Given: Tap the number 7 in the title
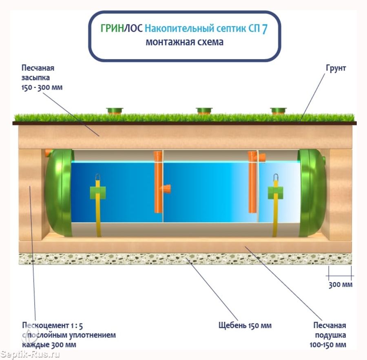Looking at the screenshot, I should click(265, 30).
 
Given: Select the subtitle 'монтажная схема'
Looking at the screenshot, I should click(184, 42).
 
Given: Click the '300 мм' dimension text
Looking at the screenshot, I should click(340, 284).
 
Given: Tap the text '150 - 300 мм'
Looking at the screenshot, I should click(42, 87).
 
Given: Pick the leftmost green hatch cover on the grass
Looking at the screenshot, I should click(115, 110).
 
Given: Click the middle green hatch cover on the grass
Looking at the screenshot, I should click(204, 110).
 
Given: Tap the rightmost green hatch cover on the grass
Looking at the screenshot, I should click(279, 110).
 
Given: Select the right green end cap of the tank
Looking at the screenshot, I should click(312, 193).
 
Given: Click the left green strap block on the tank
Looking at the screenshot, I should click(98, 193).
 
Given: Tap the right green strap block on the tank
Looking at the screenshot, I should click(276, 193).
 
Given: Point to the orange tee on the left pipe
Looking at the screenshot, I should click(166, 189).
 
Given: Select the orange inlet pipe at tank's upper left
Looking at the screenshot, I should click(49, 153).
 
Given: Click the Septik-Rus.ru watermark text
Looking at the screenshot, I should click(30, 353).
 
